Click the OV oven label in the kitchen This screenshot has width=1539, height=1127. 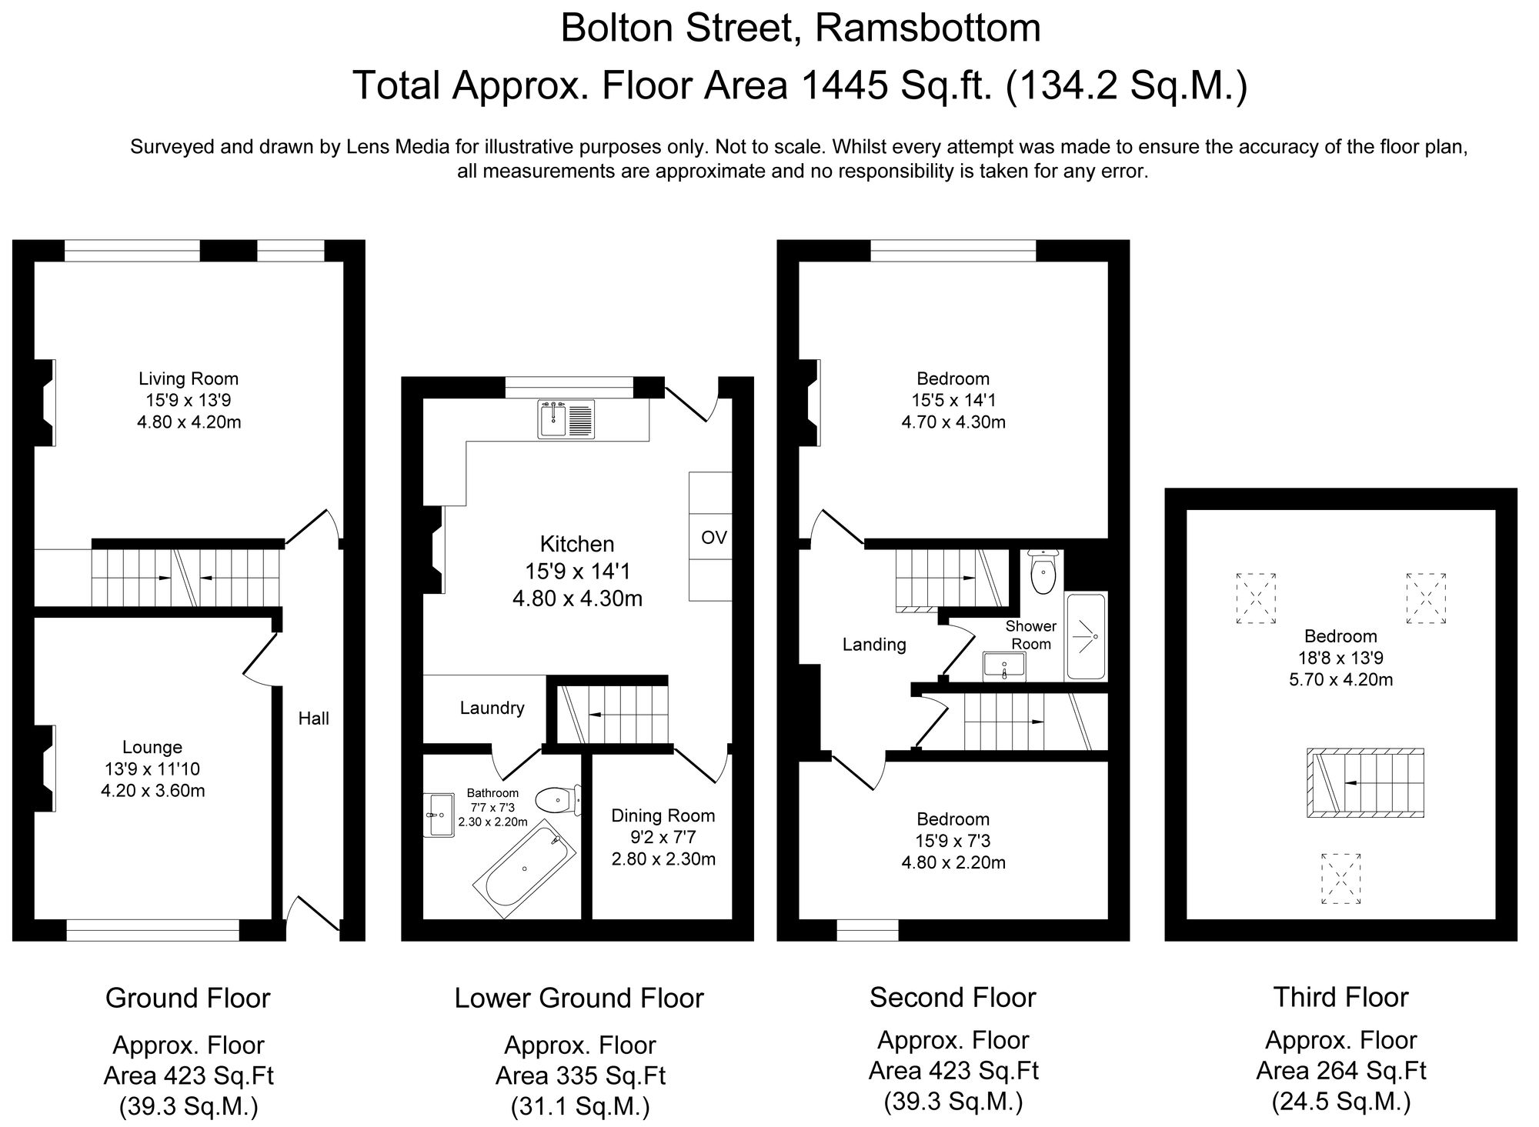click(x=713, y=537)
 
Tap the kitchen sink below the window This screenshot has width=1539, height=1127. click(x=566, y=419)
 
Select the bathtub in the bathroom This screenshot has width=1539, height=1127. click(x=524, y=868)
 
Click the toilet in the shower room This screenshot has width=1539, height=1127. click(x=1043, y=573)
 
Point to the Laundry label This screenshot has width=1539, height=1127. click(x=492, y=708)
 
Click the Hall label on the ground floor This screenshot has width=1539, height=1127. click(x=313, y=719)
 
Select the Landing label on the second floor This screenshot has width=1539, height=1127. click(x=873, y=645)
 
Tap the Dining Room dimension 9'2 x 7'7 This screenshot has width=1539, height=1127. click(x=663, y=837)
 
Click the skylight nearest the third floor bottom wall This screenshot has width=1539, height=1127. click(x=1340, y=878)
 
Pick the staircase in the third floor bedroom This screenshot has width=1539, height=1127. click(x=1364, y=782)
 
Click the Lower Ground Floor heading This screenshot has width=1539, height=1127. click(x=579, y=998)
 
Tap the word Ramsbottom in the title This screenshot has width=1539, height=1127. click(x=927, y=28)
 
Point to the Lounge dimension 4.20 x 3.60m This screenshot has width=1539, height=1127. click(x=152, y=790)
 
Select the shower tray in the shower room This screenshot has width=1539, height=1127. click(x=1086, y=636)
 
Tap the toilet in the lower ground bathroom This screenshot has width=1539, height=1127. click(x=557, y=800)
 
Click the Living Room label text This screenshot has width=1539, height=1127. click(x=189, y=378)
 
